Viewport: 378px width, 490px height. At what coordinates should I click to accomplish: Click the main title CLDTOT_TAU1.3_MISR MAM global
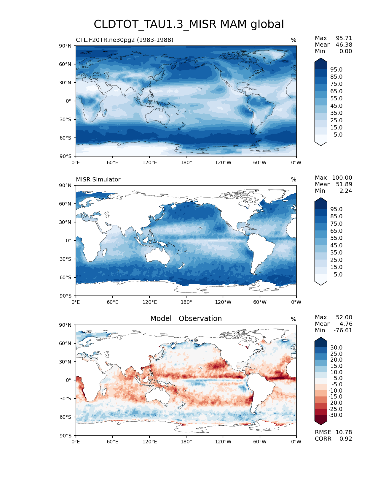[x=189, y=24]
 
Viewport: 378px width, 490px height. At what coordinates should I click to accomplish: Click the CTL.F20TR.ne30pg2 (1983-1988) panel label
[x=125, y=40]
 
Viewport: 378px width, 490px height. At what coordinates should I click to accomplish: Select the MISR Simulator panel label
[x=98, y=179]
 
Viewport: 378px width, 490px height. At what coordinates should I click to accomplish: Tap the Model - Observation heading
[x=186, y=319]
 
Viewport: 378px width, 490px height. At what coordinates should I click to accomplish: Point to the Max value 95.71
[x=344, y=38]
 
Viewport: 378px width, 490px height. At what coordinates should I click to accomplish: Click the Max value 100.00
[x=342, y=178]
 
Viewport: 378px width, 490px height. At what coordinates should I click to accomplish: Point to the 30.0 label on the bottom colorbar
[x=336, y=347]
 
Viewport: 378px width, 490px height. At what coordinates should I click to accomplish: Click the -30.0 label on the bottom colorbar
[x=336, y=415]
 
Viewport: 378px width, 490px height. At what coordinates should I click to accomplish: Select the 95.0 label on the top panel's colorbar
[x=336, y=69]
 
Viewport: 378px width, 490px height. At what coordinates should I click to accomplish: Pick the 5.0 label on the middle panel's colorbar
[x=338, y=274]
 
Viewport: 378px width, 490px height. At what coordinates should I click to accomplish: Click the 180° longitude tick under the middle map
[x=186, y=302]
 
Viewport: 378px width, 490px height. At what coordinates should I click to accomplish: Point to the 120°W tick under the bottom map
[x=223, y=442]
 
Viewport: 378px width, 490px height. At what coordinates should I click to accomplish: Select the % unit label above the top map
[x=294, y=40]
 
